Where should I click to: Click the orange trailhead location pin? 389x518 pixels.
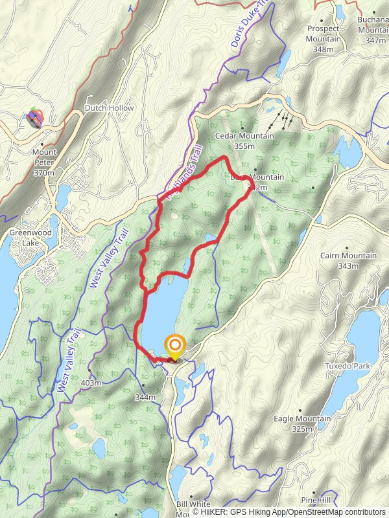click(x=175, y=345)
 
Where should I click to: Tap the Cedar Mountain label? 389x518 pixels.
click(x=245, y=137)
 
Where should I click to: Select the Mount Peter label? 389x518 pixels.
click(x=45, y=152)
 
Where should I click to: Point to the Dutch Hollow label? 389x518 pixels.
click(x=109, y=108)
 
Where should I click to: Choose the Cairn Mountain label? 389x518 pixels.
click(x=348, y=256)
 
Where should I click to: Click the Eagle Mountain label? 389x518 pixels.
click(x=302, y=419)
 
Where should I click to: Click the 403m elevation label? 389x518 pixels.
click(x=91, y=383)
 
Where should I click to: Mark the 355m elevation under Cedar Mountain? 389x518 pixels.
click(x=245, y=146)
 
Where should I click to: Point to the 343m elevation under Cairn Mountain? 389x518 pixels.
click(x=348, y=265)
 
